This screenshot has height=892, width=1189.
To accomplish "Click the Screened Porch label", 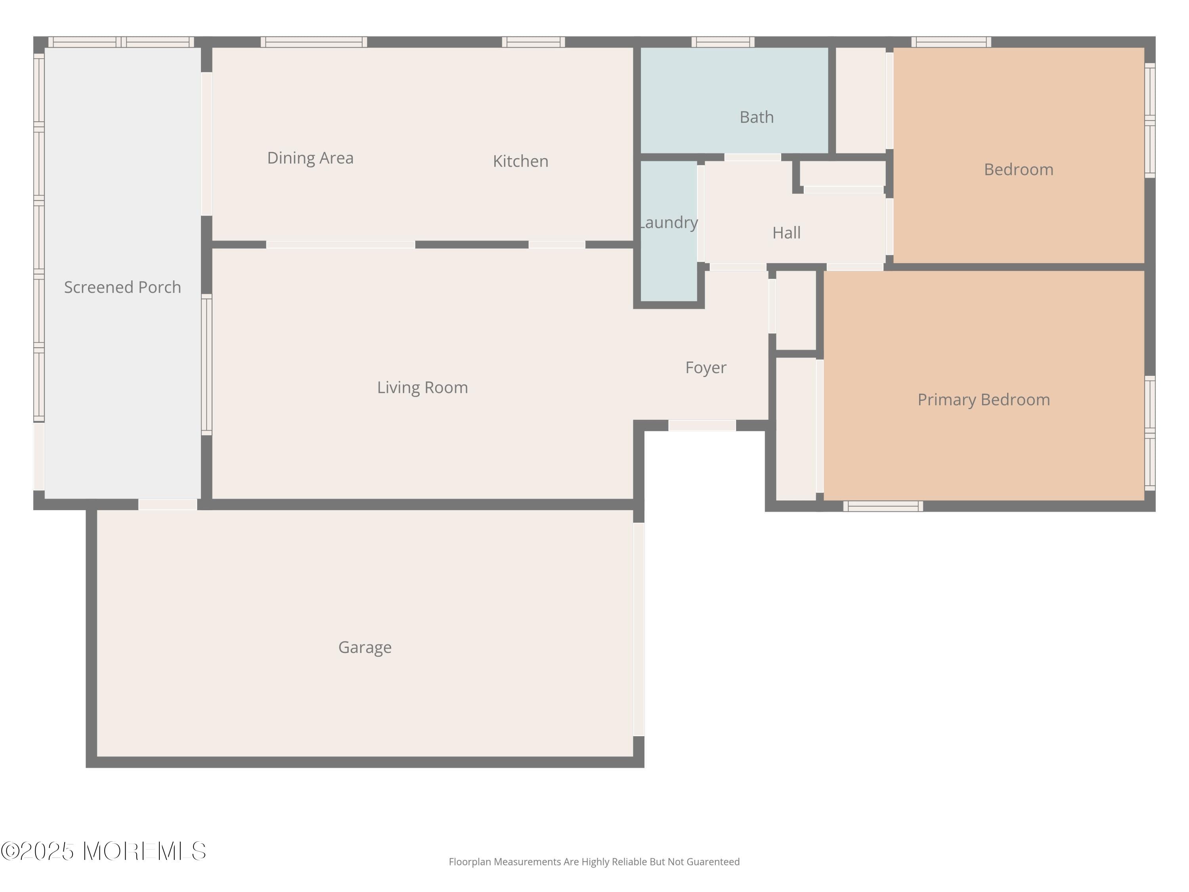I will pos(122,287).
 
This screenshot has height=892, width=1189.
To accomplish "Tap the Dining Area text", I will pos(310,158).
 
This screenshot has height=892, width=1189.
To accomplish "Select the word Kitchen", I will pos(520,161).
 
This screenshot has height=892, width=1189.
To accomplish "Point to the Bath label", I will pos(756,117).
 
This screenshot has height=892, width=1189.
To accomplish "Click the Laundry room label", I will pos(669,222).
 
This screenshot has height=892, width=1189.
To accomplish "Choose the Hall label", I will pos(786,233).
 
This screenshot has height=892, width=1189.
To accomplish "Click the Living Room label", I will pos(422,388).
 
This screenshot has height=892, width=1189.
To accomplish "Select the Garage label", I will pos(365,647).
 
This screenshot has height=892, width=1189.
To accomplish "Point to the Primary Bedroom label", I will pos(983,400).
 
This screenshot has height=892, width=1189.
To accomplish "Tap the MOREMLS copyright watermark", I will pos(103,851).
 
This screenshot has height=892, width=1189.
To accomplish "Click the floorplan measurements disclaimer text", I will pos(594,862).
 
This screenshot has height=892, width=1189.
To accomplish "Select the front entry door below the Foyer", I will pos(702,425).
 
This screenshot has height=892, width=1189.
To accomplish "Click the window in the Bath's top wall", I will pos(723,42).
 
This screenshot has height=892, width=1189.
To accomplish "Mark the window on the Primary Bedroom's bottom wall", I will pos(883,506).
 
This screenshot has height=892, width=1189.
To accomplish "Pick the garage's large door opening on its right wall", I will pos(638,629).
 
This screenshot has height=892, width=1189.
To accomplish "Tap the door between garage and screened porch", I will pos(168,504).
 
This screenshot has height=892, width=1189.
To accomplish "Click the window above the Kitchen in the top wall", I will pos(533,42).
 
